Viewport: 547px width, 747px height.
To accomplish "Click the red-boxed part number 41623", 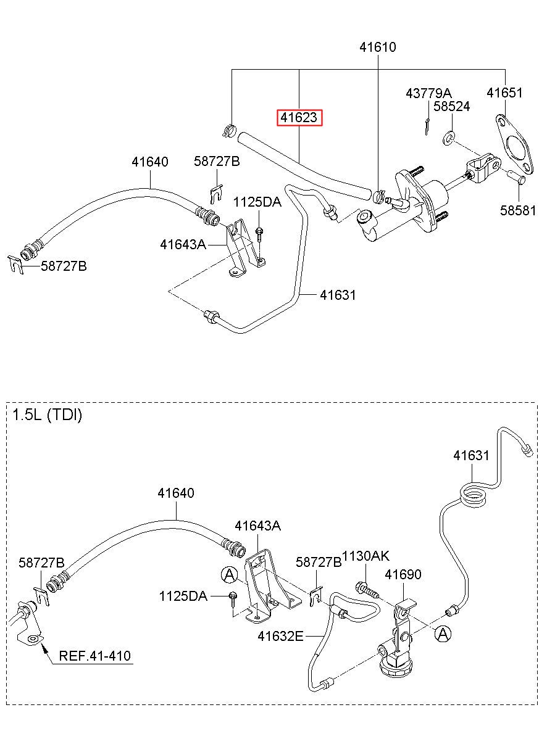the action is point(299,117).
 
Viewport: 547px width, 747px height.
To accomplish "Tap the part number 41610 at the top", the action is point(377,47).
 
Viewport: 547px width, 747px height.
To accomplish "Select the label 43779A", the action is point(428,93).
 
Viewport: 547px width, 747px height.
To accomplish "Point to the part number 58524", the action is point(451,106).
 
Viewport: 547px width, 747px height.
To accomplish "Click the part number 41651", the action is point(504,93).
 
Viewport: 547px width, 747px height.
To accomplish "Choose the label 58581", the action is point(517,210).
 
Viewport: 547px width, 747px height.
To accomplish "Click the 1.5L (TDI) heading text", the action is point(47,415).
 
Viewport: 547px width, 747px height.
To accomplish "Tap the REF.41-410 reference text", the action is point(95,656).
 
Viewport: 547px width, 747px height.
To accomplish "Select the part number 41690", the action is point(403,574).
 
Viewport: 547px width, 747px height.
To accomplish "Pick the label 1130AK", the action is point(365,556).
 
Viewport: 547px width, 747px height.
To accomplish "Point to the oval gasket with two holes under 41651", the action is point(514,144).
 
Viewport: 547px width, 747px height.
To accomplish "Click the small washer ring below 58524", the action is point(448,138).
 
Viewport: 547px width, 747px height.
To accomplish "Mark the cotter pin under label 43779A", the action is point(427,127).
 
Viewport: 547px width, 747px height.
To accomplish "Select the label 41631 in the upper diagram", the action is point(338,295).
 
